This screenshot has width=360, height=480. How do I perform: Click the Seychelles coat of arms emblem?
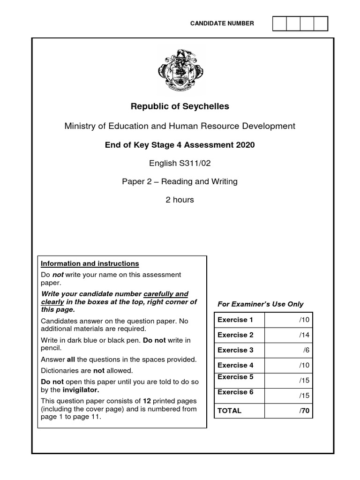pyautogui.click(x=180, y=71)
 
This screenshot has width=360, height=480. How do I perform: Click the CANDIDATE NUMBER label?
pyautogui.click(x=222, y=23)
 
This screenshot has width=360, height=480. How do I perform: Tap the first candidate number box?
pyautogui.click(x=279, y=23)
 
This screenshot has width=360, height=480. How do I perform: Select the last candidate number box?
pyautogui.click(x=321, y=23)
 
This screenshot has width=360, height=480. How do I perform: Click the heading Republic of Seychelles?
pyautogui.click(x=180, y=106)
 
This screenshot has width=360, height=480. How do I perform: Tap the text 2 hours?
pyautogui.click(x=180, y=200)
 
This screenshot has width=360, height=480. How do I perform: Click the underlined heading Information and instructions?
pyautogui.click(x=90, y=263)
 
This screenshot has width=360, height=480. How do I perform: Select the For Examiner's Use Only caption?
pyautogui.click(x=261, y=304)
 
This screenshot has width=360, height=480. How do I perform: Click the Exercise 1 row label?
pyautogui.click(x=235, y=320)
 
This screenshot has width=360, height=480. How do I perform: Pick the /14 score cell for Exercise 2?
pyautogui.click(x=288, y=335)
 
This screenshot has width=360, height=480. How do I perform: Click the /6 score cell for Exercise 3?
pyautogui.click(x=288, y=350)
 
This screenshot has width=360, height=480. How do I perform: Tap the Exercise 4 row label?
pyautogui.click(x=235, y=365)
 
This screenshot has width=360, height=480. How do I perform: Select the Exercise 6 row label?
pyautogui.click(x=235, y=392)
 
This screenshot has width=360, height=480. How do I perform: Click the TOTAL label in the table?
pyautogui.click(x=229, y=411)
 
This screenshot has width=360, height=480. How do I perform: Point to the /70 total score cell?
pyautogui.click(x=288, y=411)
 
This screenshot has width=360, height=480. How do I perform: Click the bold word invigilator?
pyautogui.click(x=81, y=390)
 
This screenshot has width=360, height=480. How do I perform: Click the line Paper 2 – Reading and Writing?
pyautogui.click(x=180, y=181)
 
